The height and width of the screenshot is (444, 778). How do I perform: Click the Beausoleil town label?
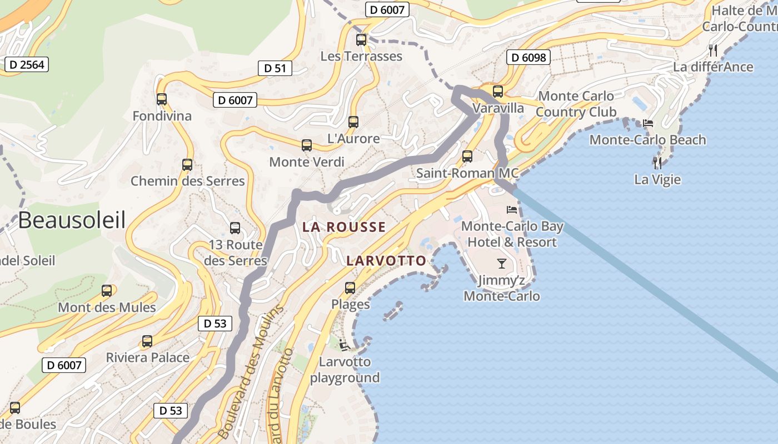(72, 220)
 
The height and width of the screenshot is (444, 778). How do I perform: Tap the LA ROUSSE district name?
(344, 227)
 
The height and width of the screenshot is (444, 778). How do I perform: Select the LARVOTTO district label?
(386, 261)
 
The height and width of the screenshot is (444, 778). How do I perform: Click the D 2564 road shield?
(27, 64)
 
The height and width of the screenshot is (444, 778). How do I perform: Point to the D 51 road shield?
(275, 68)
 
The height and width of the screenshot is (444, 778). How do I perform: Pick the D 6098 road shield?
(528, 57)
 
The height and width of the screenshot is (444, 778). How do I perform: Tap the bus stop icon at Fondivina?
(162, 99)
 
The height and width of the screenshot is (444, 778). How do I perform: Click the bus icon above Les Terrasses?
(361, 39)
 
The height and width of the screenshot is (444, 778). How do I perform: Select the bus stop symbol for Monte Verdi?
(307, 145)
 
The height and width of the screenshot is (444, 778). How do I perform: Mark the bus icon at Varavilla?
(498, 92)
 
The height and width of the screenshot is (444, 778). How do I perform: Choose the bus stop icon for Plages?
(350, 288)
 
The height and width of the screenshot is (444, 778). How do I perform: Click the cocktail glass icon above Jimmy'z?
(502, 264)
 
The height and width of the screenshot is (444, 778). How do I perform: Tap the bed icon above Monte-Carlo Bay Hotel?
(512, 210)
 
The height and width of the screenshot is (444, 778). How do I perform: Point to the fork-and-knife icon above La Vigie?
(658, 163)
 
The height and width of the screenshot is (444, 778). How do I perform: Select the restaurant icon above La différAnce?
(714, 51)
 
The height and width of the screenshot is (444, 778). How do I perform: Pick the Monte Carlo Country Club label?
(576, 104)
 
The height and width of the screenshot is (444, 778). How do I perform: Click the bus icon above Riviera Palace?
(147, 341)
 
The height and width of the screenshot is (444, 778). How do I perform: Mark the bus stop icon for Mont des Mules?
(107, 291)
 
